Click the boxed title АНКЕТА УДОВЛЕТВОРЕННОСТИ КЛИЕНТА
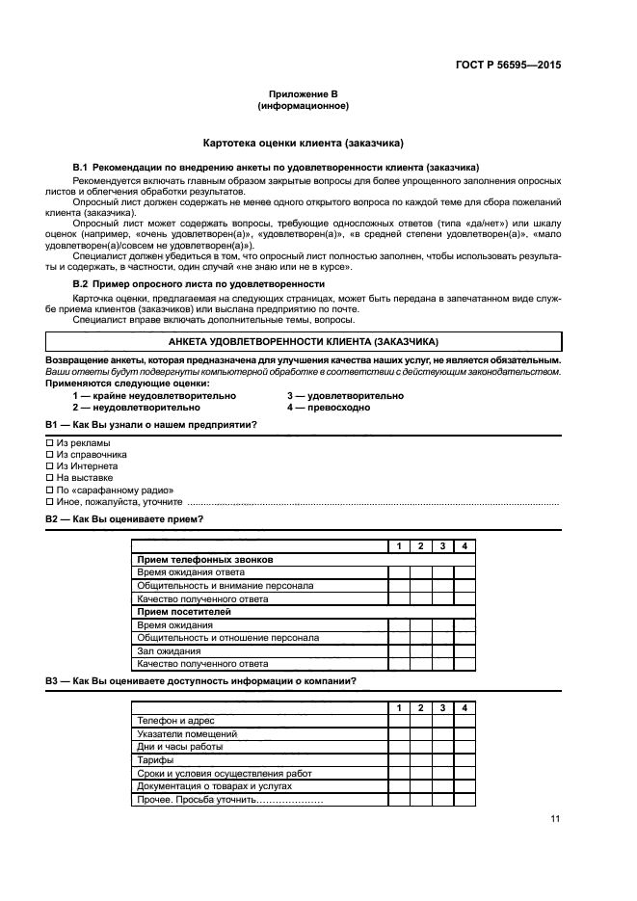coord(303,342)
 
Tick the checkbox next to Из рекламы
coord(50,442)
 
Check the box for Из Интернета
coord(50,465)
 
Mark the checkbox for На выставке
coord(50,477)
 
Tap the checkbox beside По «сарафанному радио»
coord(50,490)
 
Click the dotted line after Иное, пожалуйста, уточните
coord(371,503)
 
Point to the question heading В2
coord(124,519)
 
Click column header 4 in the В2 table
coord(464,546)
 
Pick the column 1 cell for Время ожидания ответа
coord(399,572)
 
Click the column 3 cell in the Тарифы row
coord(442,760)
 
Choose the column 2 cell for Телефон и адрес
coord(421,721)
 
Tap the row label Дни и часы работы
coord(180,747)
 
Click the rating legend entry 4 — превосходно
coord(328,408)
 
